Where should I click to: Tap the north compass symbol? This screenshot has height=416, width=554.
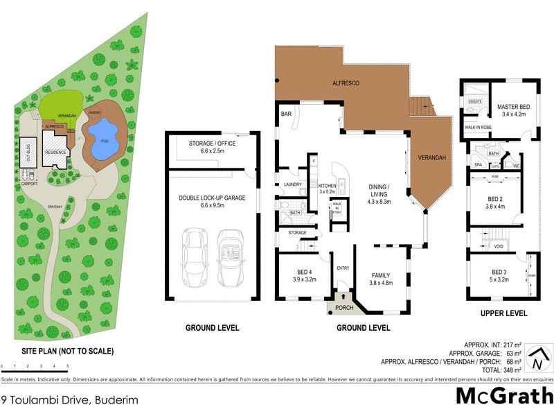pos(537,361)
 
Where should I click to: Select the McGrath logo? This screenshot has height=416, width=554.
pos(503,397)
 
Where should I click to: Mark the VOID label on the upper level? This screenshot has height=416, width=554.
pos(498,246)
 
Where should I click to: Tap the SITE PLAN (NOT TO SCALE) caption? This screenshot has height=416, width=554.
pos(57,351)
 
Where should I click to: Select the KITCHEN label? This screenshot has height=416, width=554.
pos(327,185)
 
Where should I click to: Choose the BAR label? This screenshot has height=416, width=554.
pos(285,113)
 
